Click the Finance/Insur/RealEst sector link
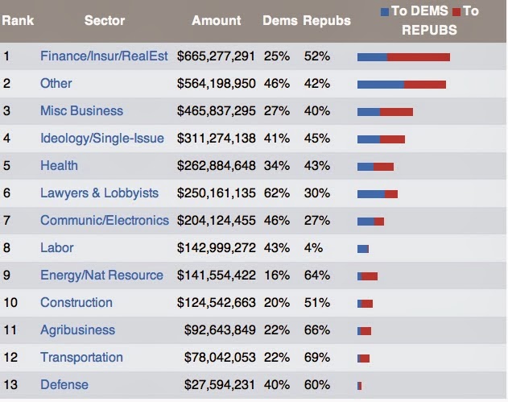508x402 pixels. tap(104, 56)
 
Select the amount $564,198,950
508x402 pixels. tap(216, 83)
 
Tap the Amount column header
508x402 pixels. tap(216, 20)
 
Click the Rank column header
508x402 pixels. tap(18, 20)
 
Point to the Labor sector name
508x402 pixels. tap(56, 247)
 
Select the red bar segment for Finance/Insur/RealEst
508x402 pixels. tap(418, 57)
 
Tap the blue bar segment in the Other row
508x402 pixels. tap(380, 85)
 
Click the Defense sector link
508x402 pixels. tap(64, 384)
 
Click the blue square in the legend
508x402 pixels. tap(385, 12)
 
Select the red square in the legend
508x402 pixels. tap(456, 12)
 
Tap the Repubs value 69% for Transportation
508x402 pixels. tap(316, 357)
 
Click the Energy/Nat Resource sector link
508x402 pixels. tap(101, 275)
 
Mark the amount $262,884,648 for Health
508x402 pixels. tap(216, 165)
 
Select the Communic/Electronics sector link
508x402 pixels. tap(105, 220)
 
